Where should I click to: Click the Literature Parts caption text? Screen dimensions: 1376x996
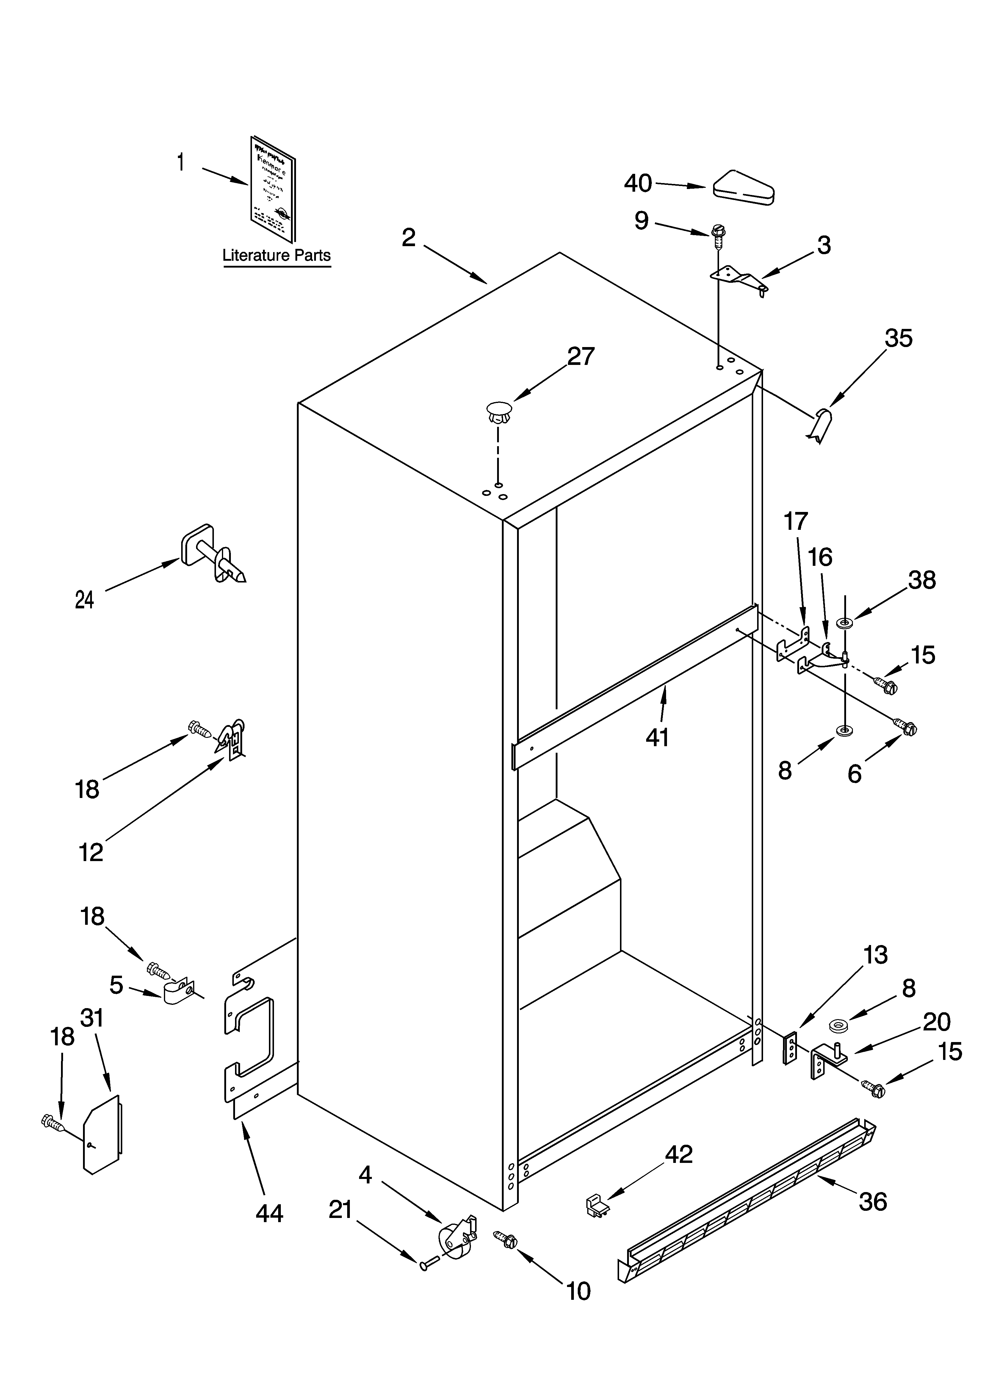click(277, 255)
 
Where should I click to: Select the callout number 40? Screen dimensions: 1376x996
click(638, 183)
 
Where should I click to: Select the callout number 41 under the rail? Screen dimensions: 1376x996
click(657, 737)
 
